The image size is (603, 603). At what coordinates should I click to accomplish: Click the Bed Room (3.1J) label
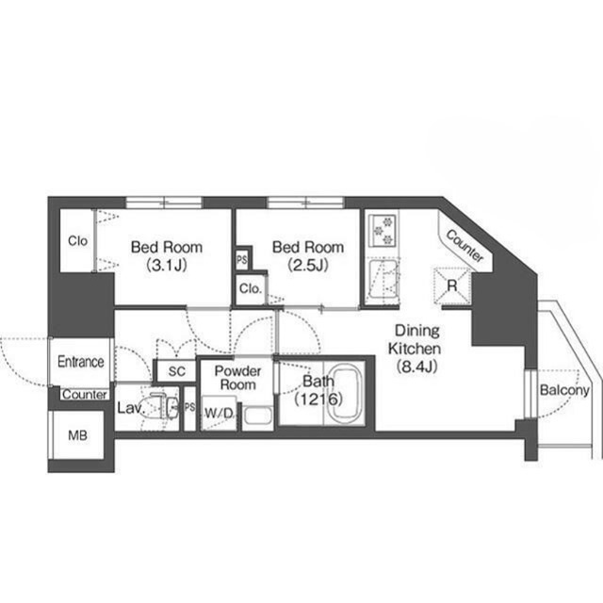pos(167,255)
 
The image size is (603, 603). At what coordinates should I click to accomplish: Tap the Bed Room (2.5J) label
pos(308,255)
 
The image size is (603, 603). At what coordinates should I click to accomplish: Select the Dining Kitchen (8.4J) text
pos(416,349)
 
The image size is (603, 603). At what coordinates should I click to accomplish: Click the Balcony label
pos(564,390)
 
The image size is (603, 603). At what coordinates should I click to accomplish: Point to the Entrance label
pos(81,362)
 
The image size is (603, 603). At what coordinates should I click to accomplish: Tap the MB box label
pos(77,435)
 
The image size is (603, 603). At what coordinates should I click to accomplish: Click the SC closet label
pos(177,371)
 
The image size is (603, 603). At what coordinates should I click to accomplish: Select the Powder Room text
pos(237,378)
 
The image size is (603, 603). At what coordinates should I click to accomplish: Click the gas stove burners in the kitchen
pos(383,230)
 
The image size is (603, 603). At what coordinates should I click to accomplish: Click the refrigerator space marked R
pos(452,286)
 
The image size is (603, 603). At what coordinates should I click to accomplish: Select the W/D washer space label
pos(219,414)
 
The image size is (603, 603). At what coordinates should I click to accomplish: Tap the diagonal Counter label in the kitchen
pos(464,246)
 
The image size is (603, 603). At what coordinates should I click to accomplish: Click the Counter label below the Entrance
pos(85,395)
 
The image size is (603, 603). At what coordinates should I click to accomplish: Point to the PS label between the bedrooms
pos(242,260)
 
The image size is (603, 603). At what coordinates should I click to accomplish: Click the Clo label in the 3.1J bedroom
pos(77,241)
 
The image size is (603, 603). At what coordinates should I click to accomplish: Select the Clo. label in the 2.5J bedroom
pos(251,288)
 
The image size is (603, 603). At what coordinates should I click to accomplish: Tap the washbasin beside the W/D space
pos(258,416)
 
